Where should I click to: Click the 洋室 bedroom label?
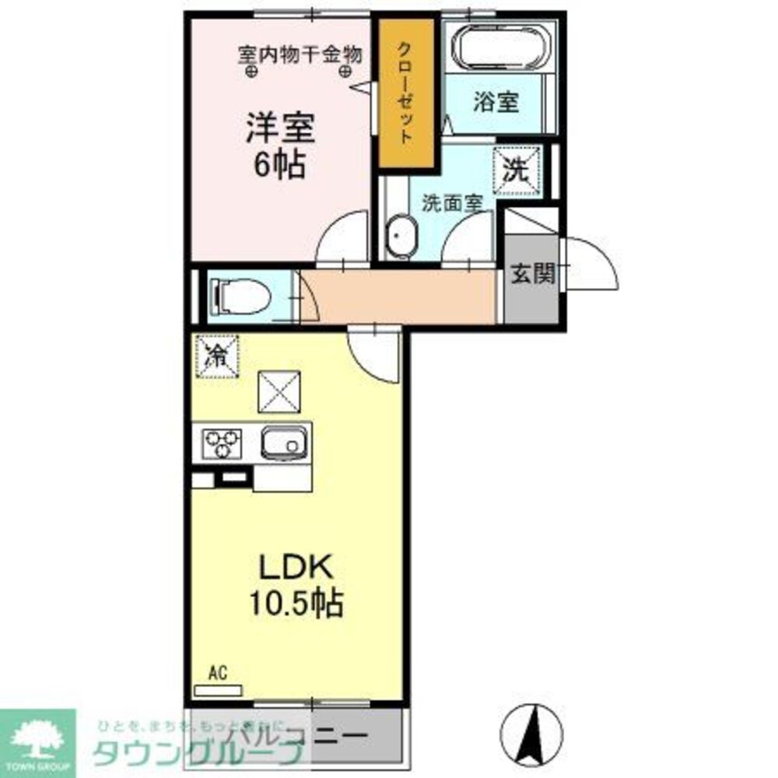(x=281, y=128)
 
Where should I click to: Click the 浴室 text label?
(x=496, y=101)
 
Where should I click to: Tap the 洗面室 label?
(x=452, y=203)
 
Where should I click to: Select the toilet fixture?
(x=237, y=296)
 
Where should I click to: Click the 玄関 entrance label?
(x=533, y=274)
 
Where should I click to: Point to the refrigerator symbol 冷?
(x=216, y=356)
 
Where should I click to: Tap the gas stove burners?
(x=222, y=444)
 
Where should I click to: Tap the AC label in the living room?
(x=217, y=673)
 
